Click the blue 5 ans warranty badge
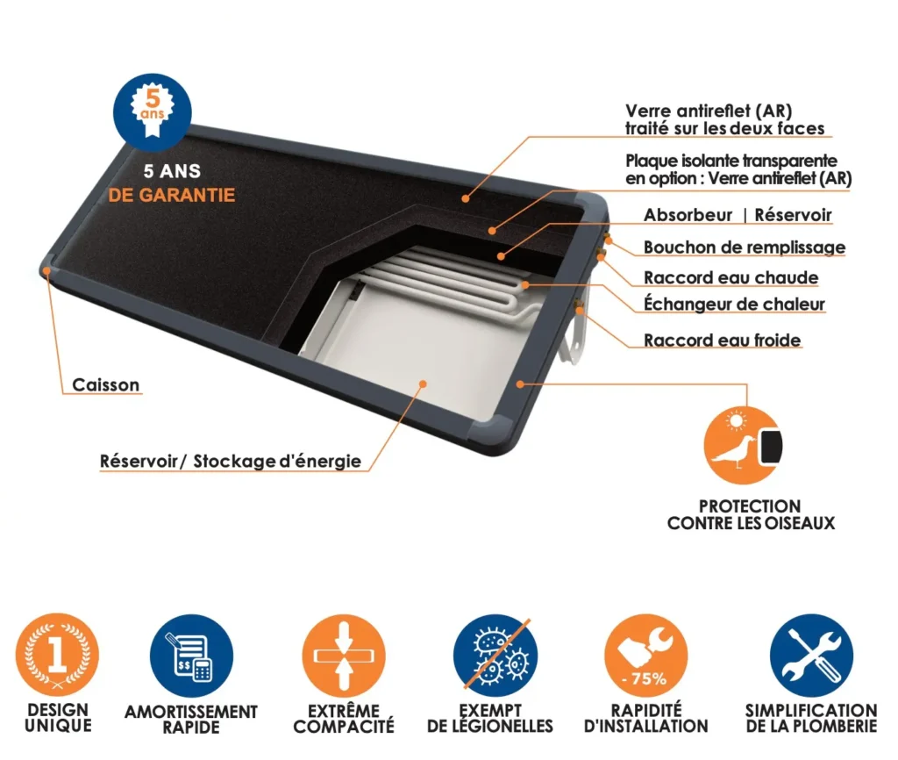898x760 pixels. pyautogui.click(x=153, y=112)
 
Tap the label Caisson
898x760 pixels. pyautogui.click(x=106, y=384)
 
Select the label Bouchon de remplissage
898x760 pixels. pyautogui.click(x=745, y=247)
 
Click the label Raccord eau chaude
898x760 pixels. pyautogui.click(x=731, y=277)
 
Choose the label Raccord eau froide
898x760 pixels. pyautogui.click(x=723, y=340)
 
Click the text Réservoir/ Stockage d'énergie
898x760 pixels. pyautogui.click(x=231, y=461)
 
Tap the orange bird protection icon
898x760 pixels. pyautogui.click(x=744, y=445)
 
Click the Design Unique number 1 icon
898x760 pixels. pyautogui.click(x=57, y=655)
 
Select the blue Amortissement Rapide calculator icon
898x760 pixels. pyautogui.click(x=192, y=656)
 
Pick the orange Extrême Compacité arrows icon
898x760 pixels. pyautogui.click(x=344, y=656)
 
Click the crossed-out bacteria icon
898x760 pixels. pyautogui.click(x=495, y=656)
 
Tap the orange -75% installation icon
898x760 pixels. pyautogui.click(x=646, y=656)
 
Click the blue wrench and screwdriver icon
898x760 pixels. pyautogui.click(x=811, y=656)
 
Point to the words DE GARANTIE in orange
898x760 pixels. pyautogui.click(x=172, y=195)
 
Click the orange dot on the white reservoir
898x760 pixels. pyautogui.click(x=423, y=384)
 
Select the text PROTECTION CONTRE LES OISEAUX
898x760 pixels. pyautogui.click(x=751, y=514)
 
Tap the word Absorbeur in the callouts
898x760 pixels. pyautogui.click(x=688, y=215)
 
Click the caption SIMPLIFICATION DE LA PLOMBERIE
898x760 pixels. pyautogui.click(x=811, y=718)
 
